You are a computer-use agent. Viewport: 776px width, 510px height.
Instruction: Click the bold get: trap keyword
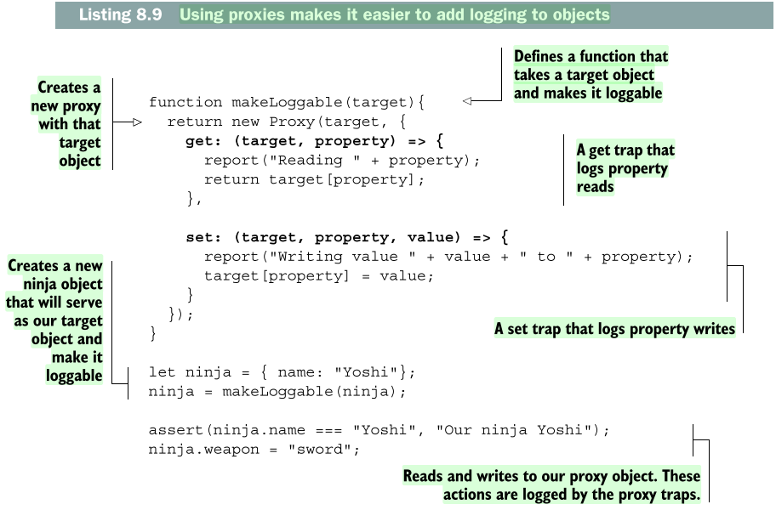coord(204,140)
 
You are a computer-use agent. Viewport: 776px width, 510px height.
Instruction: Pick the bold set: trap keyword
coord(204,237)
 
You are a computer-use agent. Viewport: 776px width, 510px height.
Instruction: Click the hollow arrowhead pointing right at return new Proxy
coord(134,122)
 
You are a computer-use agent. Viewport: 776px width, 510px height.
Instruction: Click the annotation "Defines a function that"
coord(591,57)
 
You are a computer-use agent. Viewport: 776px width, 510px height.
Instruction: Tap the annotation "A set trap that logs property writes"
coord(614,329)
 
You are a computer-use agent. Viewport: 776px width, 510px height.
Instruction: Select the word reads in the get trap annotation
coord(595,187)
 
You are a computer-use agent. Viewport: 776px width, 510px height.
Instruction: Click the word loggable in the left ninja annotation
coord(75,376)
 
